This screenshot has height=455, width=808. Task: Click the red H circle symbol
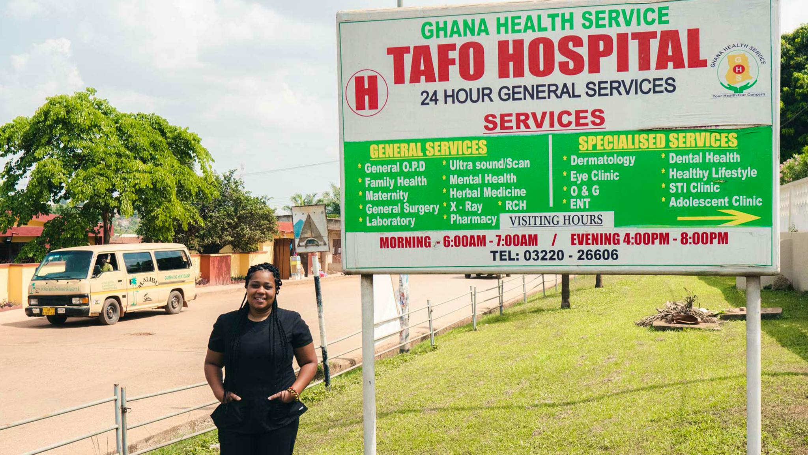pyautogui.click(x=367, y=93)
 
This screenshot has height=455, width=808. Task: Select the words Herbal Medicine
pyautogui.click(x=488, y=193)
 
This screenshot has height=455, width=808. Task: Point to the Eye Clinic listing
pyautogui.click(x=594, y=176)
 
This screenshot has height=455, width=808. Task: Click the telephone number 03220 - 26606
pyautogui.click(x=571, y=255)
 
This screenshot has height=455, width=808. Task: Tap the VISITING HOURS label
pyautogui.click(x=556, y=220)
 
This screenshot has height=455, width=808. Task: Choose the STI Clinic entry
pyautogui.click(x=694, y=188)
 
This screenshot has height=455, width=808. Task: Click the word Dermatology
pyautogui.click(x=602, y=160)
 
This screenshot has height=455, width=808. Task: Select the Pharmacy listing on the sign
pyautogui.click(x=473, y=219)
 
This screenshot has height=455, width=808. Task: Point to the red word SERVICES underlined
pyautogui.click(x=544, y=120)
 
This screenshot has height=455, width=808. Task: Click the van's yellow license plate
pyautogui.click(x=48, y=311)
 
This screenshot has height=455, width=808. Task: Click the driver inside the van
pyautogui.click(x=103, y=264)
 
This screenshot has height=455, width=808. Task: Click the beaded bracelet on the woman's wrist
pyautogui.click(x=293, y=393)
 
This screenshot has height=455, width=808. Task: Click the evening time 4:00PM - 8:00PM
pyautogui.click(x=675, y=239)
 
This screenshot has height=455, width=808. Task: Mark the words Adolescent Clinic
pyautogui.click(x=715, y=202)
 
